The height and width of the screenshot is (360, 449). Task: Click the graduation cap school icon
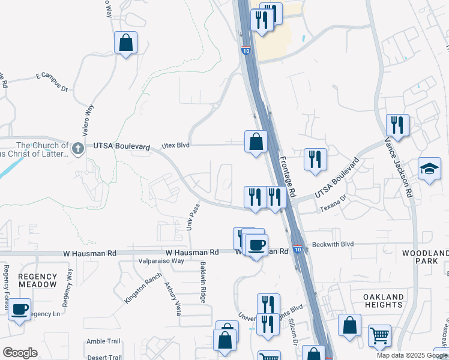point(429,170)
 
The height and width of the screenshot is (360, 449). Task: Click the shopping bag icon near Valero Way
point(126,43)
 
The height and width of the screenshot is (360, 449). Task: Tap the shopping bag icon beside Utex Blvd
point(256,142)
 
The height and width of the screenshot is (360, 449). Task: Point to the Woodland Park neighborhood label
point(425,257)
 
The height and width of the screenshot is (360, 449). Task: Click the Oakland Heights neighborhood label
point(384,301)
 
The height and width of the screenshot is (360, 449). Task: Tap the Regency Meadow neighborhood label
point(37,280)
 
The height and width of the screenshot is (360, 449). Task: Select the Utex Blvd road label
point(176,146)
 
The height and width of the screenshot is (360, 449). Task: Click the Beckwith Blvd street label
point(332,245)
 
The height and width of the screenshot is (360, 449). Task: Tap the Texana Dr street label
point(333,204)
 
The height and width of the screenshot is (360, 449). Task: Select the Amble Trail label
point(103,341)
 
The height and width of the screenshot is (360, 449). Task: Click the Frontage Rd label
point(288,178)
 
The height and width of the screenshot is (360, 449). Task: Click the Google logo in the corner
point(20,353)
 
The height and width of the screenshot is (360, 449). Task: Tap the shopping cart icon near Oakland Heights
point(379,337)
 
